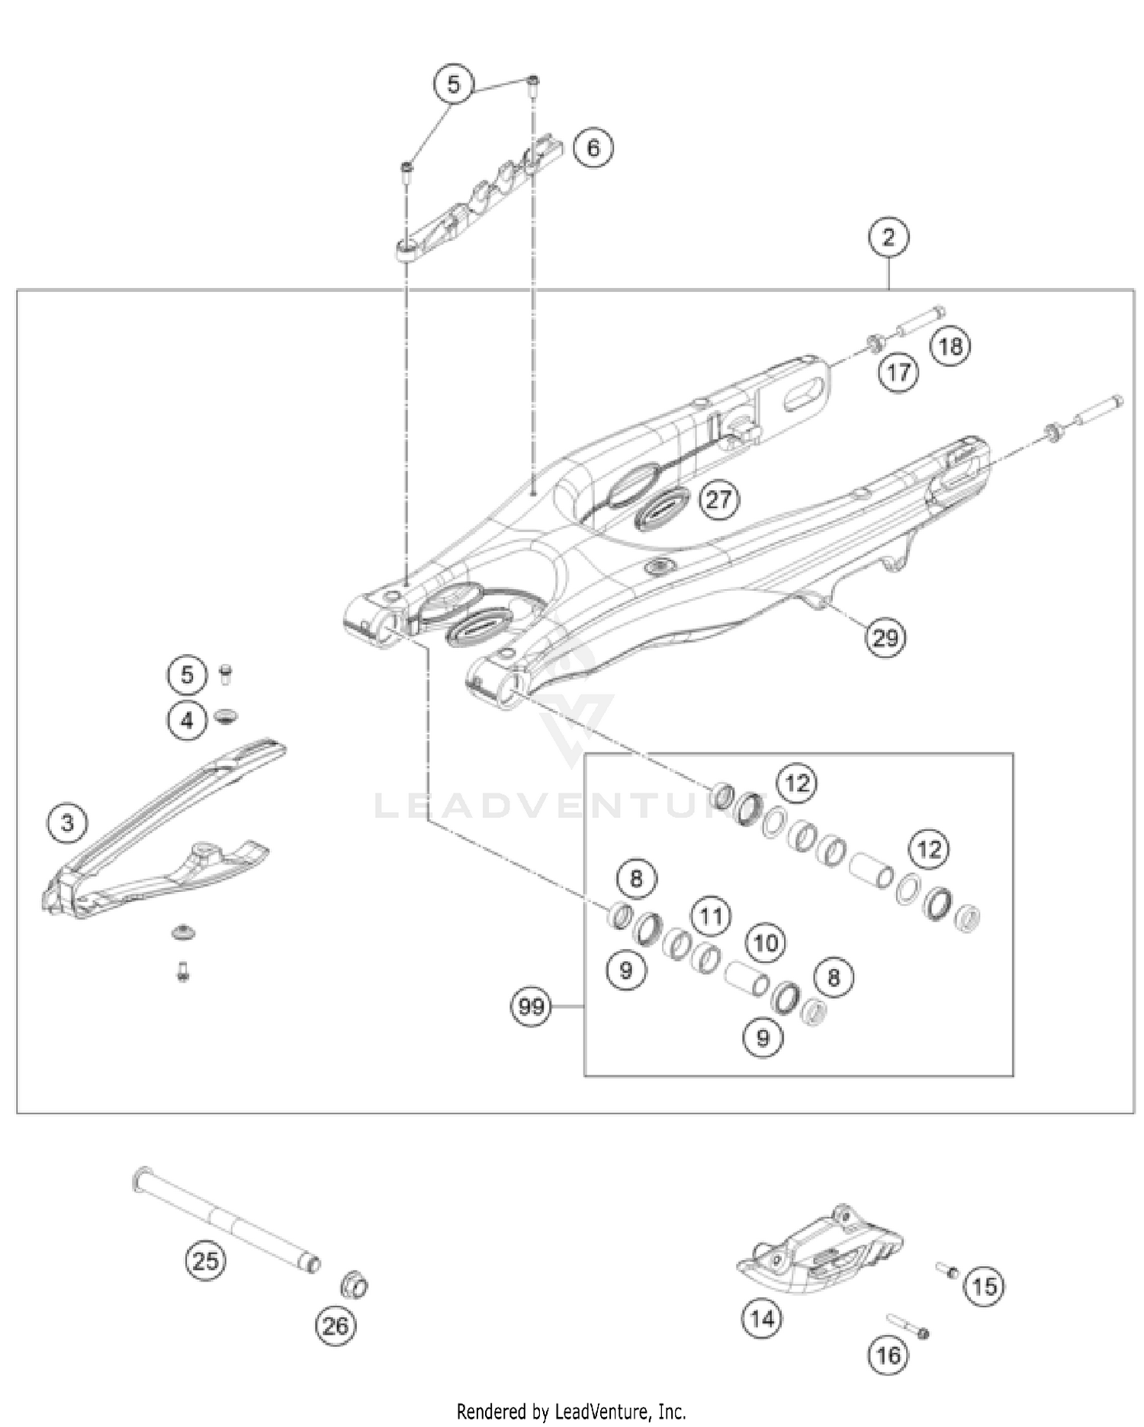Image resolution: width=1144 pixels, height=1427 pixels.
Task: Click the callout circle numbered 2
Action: pos(889,237)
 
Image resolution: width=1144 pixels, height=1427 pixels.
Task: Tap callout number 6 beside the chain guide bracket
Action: pos(593,147)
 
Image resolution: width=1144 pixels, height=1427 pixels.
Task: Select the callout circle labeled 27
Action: pos(718,500)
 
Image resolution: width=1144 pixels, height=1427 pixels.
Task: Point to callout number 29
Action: pos(885,637)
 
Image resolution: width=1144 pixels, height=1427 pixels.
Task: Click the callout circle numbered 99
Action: pos(531,1007)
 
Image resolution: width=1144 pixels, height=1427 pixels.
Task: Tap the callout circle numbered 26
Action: pos(336,1326)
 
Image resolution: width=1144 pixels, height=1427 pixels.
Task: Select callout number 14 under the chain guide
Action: pos(762,1318)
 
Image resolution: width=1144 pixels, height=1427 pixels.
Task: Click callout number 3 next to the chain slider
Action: pos(67,823)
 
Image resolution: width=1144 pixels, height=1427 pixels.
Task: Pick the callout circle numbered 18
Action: pos(950,347)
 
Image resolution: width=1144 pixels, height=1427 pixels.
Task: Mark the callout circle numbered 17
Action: pos(898,372)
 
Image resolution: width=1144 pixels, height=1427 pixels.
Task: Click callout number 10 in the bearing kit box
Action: pos(765,943)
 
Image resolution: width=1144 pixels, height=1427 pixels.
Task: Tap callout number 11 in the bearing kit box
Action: pos(711,916)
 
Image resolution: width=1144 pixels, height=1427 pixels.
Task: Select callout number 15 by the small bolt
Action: pos(984,1287)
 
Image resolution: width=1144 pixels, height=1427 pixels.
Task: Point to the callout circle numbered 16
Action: pos(889,1355)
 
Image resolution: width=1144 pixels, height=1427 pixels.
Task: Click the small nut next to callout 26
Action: pos(354,1286)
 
